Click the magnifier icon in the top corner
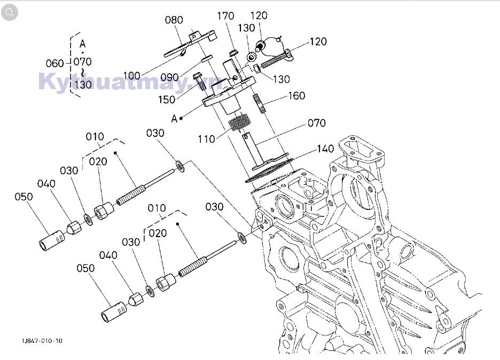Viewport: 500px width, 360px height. (9, 12)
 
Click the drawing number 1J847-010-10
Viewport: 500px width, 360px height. (42, 341)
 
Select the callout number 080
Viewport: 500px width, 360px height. (174, 20)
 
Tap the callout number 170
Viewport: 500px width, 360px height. (225, 15)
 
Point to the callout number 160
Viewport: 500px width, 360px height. (296, 96)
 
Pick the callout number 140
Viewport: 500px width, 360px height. (325, 148)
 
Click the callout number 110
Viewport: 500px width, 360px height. (206, 139)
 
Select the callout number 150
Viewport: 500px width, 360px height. (167, 100)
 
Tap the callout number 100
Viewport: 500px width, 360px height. (132, 75)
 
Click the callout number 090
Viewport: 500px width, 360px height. (169, 77)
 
